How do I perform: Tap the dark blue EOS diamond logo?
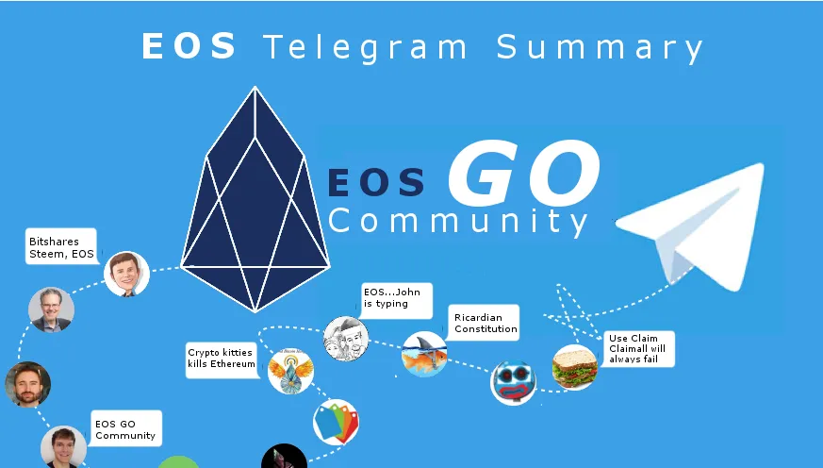click(255, 200)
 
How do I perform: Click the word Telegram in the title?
click(366, 47)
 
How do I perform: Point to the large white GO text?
click(524, 173)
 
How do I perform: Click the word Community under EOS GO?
click(457, 222)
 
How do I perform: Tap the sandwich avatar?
click(575, 367)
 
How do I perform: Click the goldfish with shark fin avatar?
click(424, 354)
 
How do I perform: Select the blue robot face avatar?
click(514, 382)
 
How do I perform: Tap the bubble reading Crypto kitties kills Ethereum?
click(222, 359)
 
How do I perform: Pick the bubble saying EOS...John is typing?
click(397, 300)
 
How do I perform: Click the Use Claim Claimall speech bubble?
click(638, 349)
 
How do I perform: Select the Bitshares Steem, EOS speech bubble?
click(61, 246)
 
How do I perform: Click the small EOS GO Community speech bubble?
click(126, 428)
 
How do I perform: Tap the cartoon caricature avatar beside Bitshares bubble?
click(126, 275)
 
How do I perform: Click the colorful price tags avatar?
click(336, 422)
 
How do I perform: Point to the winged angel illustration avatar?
click(290, 371)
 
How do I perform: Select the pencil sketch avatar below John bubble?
click(346, 339)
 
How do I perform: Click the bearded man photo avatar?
click(28, 384)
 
